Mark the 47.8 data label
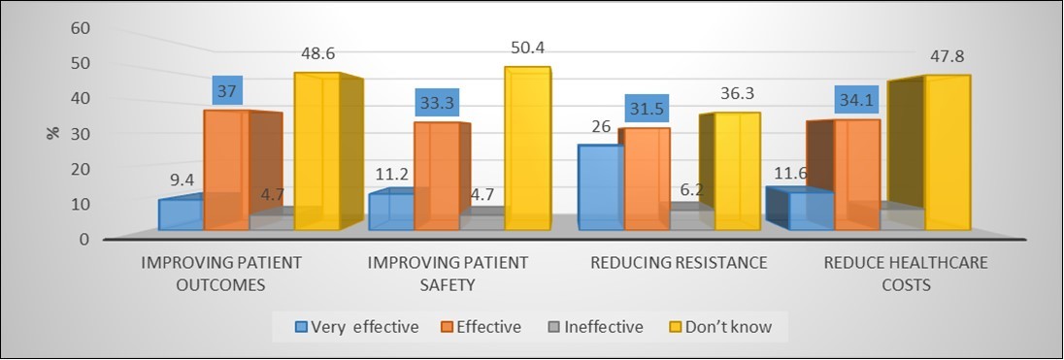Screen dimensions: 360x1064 (x=947, y=56)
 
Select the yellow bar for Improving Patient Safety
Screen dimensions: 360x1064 (x=527, y=150)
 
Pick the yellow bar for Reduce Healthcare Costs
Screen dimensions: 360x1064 (x=947, y=155)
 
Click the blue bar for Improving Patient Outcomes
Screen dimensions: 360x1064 (x=181, y=214)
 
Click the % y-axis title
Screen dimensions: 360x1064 (x=51, y=132)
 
